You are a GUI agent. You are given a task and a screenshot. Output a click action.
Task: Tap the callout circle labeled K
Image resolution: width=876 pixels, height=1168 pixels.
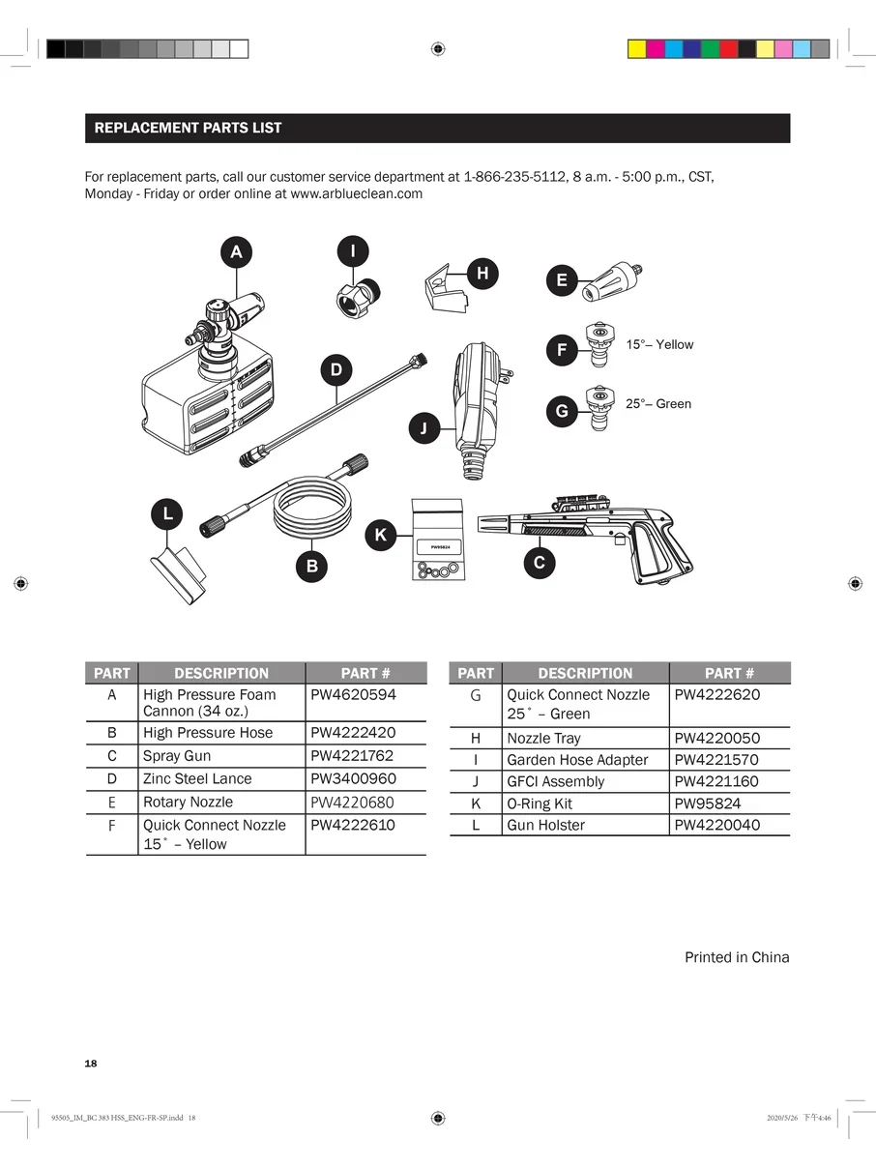pyautogui.click(x=380, y=534)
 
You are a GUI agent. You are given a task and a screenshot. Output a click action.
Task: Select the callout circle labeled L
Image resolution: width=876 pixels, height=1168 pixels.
pyautogui.click(x=167, y=513)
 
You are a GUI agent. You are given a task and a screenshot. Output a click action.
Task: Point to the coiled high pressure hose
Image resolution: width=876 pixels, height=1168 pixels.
pyautogui.click(x=311, y=514)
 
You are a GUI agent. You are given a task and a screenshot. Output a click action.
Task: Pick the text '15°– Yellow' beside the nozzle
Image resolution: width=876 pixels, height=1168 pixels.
pyautogui.click(x=659, y=344)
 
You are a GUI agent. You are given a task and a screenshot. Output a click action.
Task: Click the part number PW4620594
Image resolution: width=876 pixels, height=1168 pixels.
pyautogui.click(x=353, y=694)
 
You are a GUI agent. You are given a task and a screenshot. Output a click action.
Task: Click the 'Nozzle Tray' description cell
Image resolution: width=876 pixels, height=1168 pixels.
pyautogui.click(x=543, y=738)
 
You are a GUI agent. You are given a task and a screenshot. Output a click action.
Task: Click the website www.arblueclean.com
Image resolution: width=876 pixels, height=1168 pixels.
pyautogui.click(x=356, y=193)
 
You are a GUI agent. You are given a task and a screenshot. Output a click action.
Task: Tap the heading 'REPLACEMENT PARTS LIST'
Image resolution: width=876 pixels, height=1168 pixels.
pyautogui.click(x=188, y=128)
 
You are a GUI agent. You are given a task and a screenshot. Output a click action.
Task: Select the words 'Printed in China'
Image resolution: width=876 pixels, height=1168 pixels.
pyautogui.click(x=737, y=957)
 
